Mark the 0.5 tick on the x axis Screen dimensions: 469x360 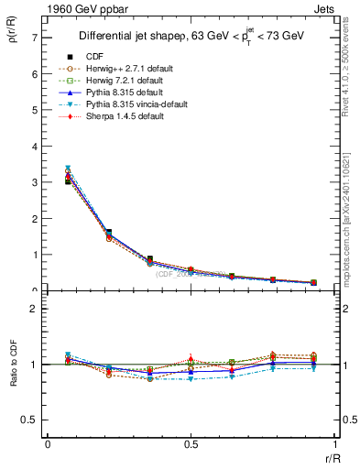click(x=191, y=444)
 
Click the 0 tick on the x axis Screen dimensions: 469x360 click(x=48, y=444)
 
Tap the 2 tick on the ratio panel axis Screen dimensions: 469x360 click(x=34, y=309)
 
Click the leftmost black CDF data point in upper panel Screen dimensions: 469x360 click(x=68, y=182)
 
